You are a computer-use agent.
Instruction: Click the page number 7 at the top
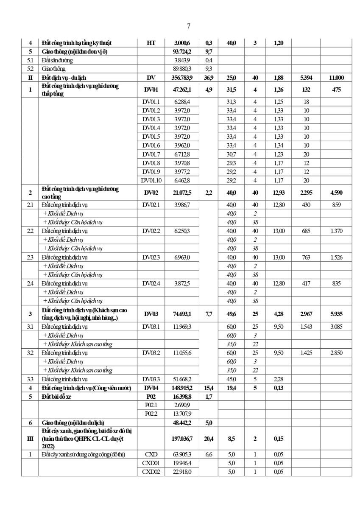(188, 26)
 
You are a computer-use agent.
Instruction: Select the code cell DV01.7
(151, 154)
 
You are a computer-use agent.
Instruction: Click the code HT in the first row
(151, 43)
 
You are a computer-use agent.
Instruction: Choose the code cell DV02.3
(151, 257)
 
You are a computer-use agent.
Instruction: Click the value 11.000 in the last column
(336, 78)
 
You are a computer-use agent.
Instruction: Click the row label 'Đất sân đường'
(58, 60)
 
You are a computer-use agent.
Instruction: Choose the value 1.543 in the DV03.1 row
(306, 327)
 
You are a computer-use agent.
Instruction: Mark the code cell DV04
(151, 388)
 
